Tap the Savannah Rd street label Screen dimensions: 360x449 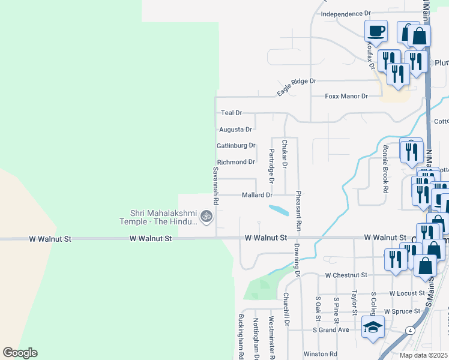215,183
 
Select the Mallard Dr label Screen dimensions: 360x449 257,195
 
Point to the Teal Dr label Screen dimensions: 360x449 231,113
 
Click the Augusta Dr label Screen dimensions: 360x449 235,129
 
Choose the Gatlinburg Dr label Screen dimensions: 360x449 236,145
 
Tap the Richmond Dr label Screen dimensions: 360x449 236,162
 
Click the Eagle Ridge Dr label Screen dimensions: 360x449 296,86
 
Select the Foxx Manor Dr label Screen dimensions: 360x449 346,96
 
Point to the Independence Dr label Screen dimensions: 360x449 346,13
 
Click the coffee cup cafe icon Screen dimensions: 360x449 376,30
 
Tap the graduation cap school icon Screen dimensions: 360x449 372,328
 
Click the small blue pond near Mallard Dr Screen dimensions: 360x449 277,211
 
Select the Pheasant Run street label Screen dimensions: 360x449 297,212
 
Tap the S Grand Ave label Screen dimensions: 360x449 331,330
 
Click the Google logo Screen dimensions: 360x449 20,353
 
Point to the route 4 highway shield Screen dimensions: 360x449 409,331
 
